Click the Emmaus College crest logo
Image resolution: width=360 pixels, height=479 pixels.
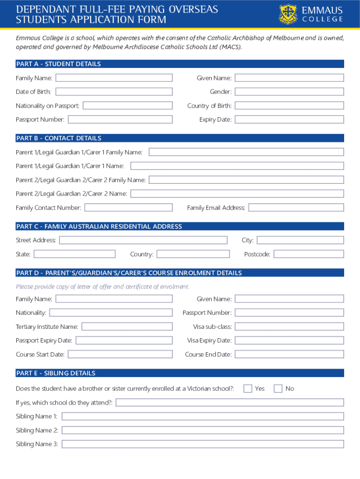click(x=288, y=14)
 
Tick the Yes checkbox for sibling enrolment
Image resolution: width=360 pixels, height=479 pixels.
click(x=248, y=388)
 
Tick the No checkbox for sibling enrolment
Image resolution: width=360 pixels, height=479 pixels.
click(x=278, y=388)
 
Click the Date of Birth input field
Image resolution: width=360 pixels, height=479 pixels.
click(x=114, y=92)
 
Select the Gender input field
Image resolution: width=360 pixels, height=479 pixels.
click(x=289, y=92)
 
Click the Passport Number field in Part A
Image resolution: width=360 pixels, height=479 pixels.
click(x=120, y=119)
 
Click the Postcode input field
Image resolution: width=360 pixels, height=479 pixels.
click(x=309, y=254)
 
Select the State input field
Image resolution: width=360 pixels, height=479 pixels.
click(x=74, y=254)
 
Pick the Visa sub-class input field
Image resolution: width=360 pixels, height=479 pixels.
click(x=289, y=327)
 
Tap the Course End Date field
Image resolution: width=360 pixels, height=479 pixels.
click(x=289, y=354)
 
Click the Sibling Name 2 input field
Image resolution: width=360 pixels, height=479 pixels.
click(x=202, y=430)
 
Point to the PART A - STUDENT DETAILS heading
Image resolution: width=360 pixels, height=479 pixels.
click(x=58, y=64)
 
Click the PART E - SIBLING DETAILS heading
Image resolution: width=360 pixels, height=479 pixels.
click(x=56, y=373)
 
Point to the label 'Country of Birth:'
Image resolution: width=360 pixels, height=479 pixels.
click(x=209, y=106)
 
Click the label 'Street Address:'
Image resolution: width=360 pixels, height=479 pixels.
click(x=36, y=240)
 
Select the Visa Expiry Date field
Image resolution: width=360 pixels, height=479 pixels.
click(x=289, y=340)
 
